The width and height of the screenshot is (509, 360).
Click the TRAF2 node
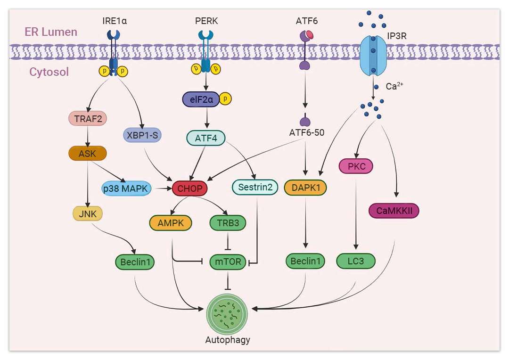[88, 119]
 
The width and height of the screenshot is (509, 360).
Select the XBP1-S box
[142, 136]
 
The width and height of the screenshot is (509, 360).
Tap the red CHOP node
[190, 189]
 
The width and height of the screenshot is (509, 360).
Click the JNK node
[88, 214]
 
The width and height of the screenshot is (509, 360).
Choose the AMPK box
[171, 223]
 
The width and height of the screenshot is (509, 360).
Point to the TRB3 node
[228, 223]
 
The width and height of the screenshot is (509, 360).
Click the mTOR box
[228, 261]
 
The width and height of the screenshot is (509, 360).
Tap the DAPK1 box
[305, 188]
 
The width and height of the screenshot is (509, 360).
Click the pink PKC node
[356, 166]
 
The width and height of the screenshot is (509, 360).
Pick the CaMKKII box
[394, 211]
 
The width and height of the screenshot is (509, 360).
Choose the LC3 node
[356, 261]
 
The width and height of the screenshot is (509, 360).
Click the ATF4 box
[205, 139]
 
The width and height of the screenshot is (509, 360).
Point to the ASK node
[88, 154]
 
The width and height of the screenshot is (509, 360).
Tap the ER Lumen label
[51, 32]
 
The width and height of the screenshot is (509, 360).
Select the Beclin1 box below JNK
[135, 262]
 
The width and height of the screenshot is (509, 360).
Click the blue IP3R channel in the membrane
[374, 52]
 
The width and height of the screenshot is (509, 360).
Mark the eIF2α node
[201, 99]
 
